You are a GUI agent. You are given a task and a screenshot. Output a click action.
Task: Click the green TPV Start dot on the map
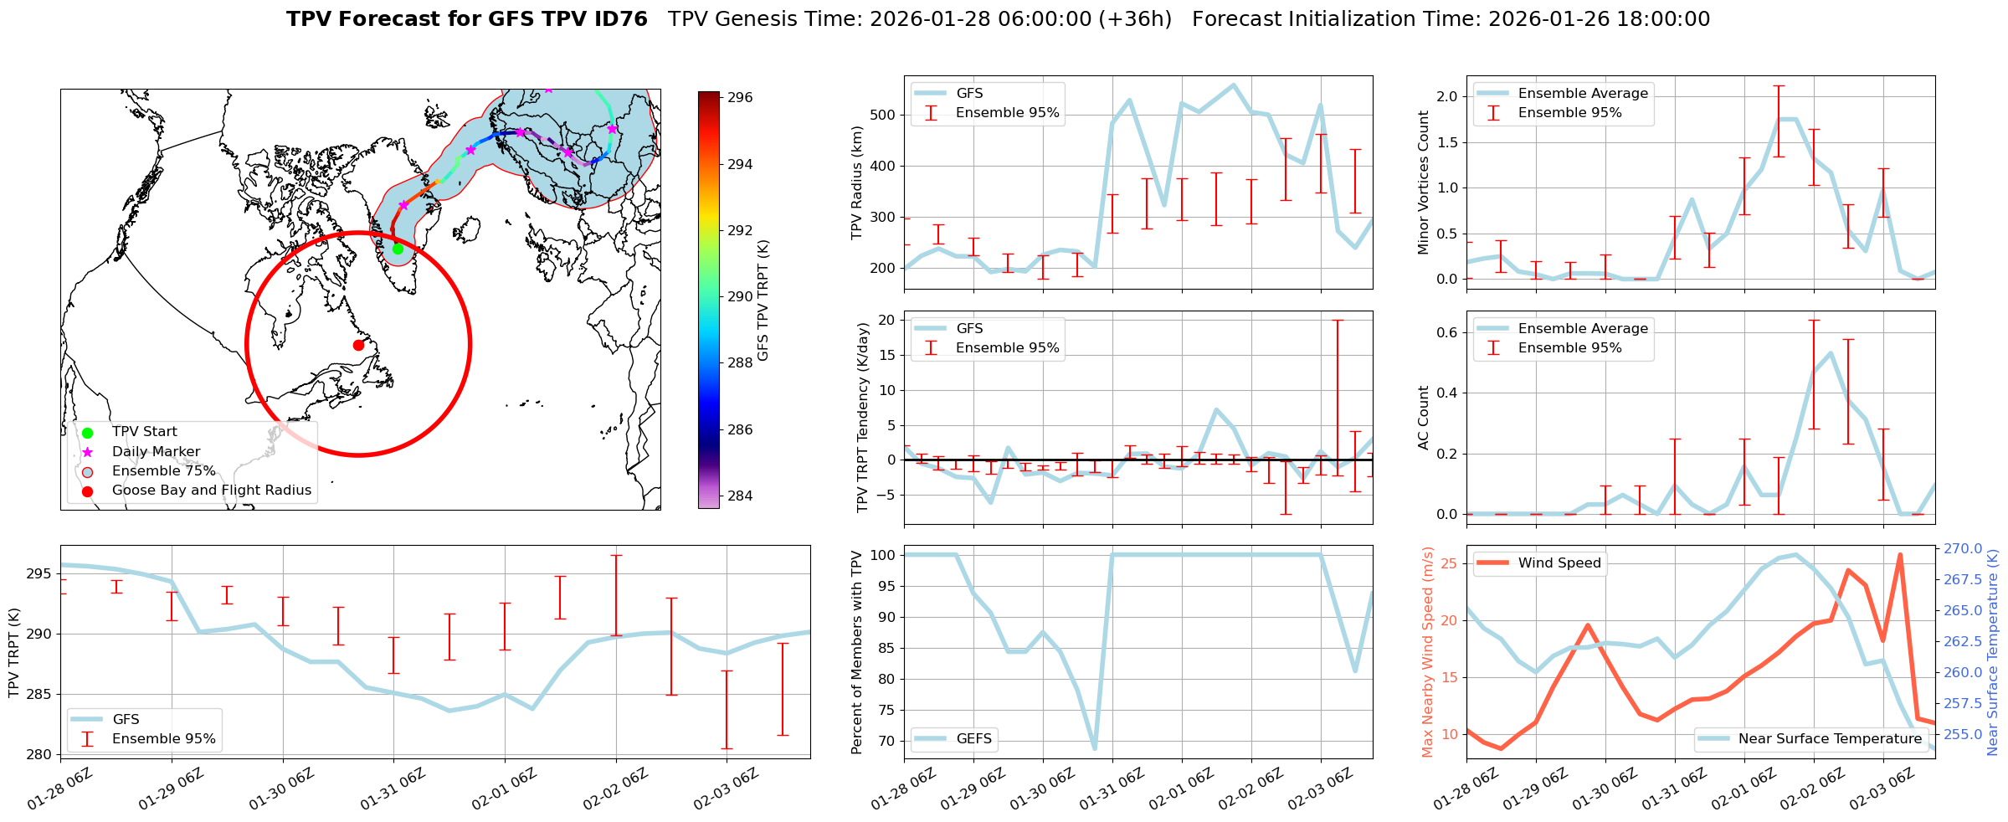pos(398,249)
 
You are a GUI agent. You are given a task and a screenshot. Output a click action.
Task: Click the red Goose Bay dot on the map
pos(358,345)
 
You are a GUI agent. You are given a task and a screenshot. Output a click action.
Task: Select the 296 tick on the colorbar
pos(740,98)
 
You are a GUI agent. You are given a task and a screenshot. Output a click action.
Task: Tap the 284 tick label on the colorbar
pos(740,496)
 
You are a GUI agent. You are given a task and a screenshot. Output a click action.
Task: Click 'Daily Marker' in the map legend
pos(156,452)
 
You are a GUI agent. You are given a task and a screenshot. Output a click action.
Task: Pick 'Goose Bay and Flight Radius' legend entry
pos(211,491)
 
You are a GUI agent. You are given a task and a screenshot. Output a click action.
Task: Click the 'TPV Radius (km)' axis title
pos(857,182)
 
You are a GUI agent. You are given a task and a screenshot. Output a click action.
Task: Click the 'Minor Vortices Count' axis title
pos(1423,182)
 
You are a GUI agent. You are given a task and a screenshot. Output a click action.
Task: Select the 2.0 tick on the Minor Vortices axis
pos(1446,97)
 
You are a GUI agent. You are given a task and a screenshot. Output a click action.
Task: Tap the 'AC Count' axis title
pos(1423,418)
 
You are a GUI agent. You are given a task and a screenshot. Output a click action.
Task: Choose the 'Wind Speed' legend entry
pos(1559,563)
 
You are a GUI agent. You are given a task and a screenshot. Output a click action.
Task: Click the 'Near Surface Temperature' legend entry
pos(1829,739)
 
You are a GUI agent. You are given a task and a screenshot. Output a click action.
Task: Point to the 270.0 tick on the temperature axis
pos(1963,549)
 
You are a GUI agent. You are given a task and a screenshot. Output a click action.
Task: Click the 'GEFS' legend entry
pos(973,739)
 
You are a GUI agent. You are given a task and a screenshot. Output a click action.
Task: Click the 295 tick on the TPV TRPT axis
pos(40,574)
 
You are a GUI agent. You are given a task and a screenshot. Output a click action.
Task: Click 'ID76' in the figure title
pos(620,19)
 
